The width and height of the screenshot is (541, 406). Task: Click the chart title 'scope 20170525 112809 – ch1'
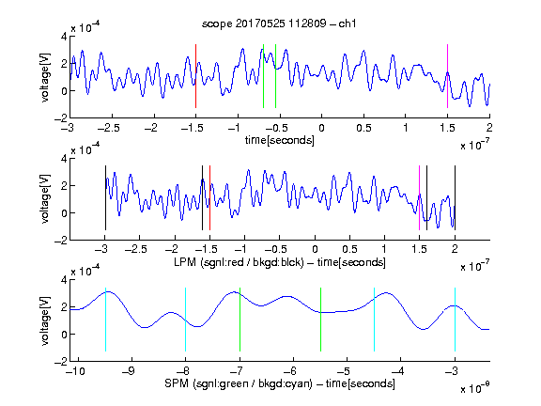[279, 23]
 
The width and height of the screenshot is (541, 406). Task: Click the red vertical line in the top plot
[195, 76]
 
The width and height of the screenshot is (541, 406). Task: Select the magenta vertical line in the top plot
[447, 76]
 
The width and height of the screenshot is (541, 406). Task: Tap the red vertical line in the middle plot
[209, 197]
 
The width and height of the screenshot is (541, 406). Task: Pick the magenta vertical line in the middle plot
[419, 197]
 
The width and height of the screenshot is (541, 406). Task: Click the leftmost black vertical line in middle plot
[105, 197]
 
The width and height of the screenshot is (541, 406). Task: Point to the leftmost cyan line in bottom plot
[105, 320]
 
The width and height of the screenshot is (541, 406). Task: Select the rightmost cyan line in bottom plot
[455, 320]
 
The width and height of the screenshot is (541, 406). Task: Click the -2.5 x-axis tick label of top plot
[108, 128]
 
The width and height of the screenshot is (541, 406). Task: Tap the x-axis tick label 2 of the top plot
[489, 128]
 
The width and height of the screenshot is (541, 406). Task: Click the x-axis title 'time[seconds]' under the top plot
[280, 140]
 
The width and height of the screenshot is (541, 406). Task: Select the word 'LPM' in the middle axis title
[185, 262]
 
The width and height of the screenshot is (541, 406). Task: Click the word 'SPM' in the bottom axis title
[176, 383]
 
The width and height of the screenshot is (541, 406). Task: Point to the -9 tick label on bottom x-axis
[129, 371]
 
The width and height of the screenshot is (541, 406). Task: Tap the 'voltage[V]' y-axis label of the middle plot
[45, 199]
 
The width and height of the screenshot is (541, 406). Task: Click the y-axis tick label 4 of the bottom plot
[64, 280]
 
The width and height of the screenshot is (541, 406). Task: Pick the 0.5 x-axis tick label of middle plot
[349, 249]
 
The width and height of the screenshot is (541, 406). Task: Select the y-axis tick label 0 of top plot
[64, 91]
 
